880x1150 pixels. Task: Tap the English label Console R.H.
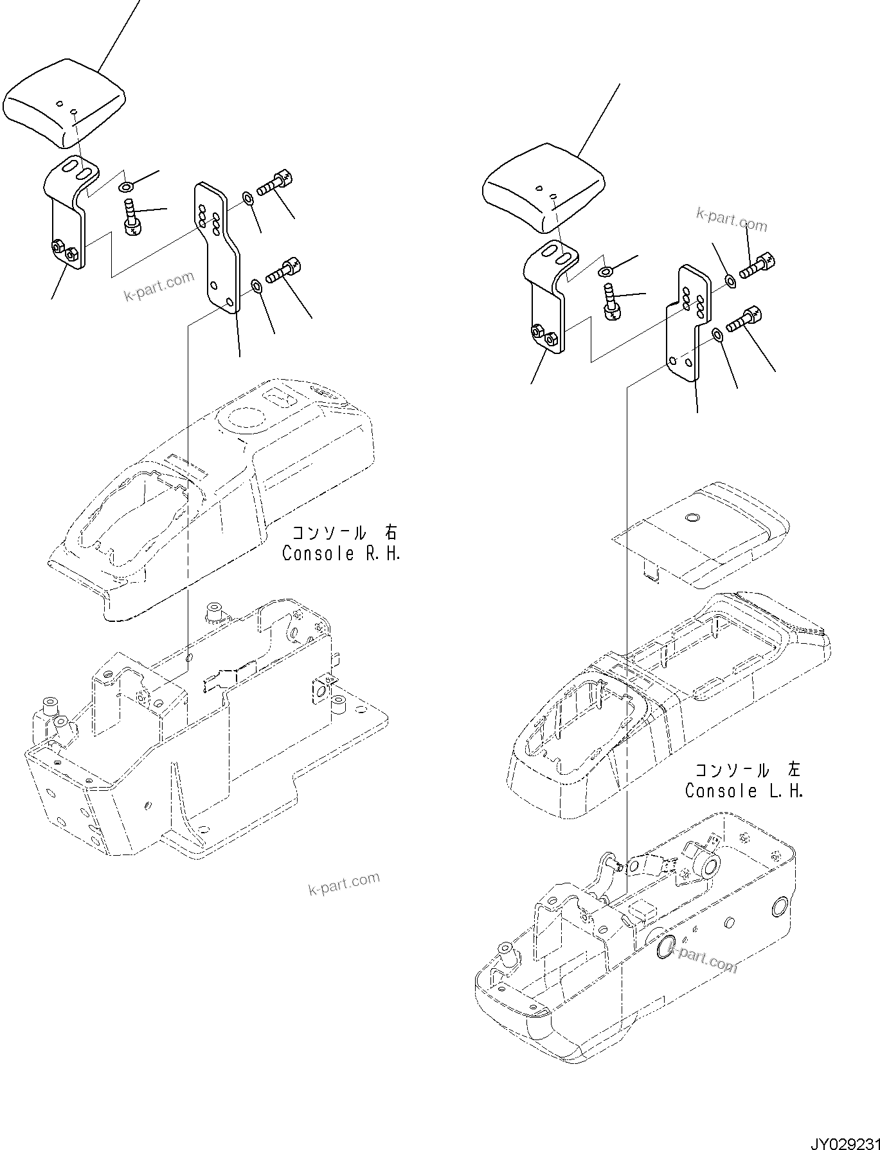point(341,554)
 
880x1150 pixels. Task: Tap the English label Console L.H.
point(744,791)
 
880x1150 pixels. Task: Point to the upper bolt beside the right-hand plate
point(275,183)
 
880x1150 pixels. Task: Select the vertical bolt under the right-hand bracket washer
point(132,218)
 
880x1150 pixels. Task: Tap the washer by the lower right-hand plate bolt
point(255,285)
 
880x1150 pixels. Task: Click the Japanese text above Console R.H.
point(344,533)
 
